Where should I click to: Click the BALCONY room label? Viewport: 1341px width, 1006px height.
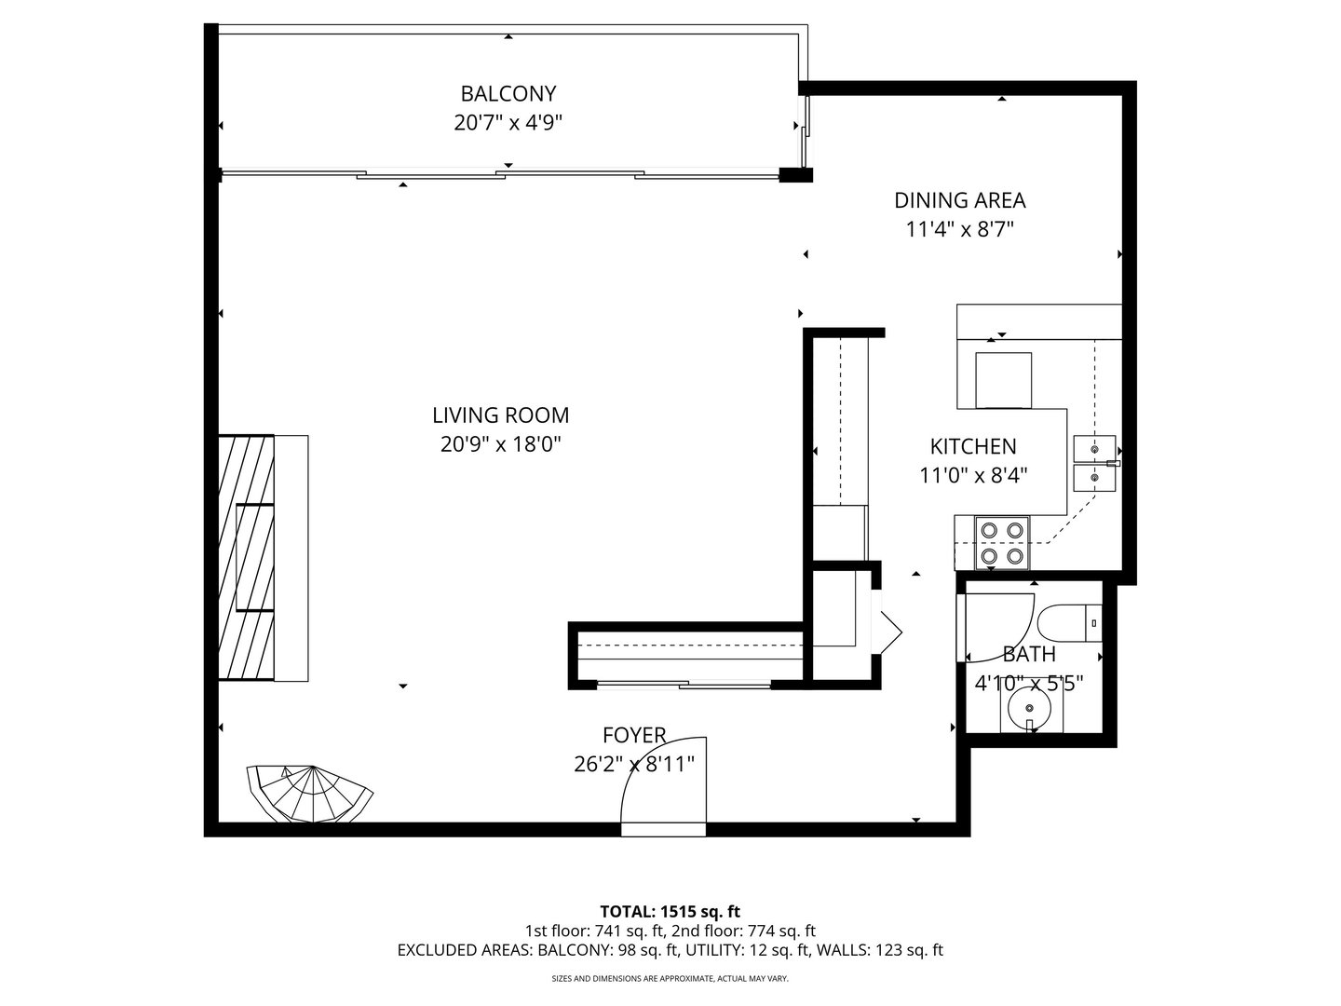point(508,93)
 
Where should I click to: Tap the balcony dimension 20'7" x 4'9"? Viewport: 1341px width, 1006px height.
point(508,122)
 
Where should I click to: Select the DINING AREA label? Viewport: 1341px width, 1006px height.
point(959,200)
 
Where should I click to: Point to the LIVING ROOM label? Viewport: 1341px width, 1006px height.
point(500,415)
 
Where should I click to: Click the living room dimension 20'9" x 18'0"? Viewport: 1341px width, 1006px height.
point(500,444)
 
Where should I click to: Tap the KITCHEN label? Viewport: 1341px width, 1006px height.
point(973,447)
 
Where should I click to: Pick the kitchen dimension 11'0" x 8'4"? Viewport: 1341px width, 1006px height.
point(973,476)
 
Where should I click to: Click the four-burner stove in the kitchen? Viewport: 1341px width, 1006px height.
point(1002,543)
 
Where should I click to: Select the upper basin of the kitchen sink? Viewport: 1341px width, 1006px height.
point(1094,448)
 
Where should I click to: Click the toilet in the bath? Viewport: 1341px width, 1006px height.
point(1071,623)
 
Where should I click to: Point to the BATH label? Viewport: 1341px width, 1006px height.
point(1029,655)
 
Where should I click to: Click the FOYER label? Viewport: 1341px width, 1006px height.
point(634,736)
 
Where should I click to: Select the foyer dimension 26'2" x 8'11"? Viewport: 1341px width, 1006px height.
point(634,765)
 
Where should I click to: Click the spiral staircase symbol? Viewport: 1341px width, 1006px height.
point(309,794)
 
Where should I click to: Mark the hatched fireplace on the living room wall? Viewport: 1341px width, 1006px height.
point(246,557)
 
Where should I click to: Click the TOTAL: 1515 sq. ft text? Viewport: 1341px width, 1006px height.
point(670,911)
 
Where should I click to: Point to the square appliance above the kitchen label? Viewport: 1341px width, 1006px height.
point(1003,380)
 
